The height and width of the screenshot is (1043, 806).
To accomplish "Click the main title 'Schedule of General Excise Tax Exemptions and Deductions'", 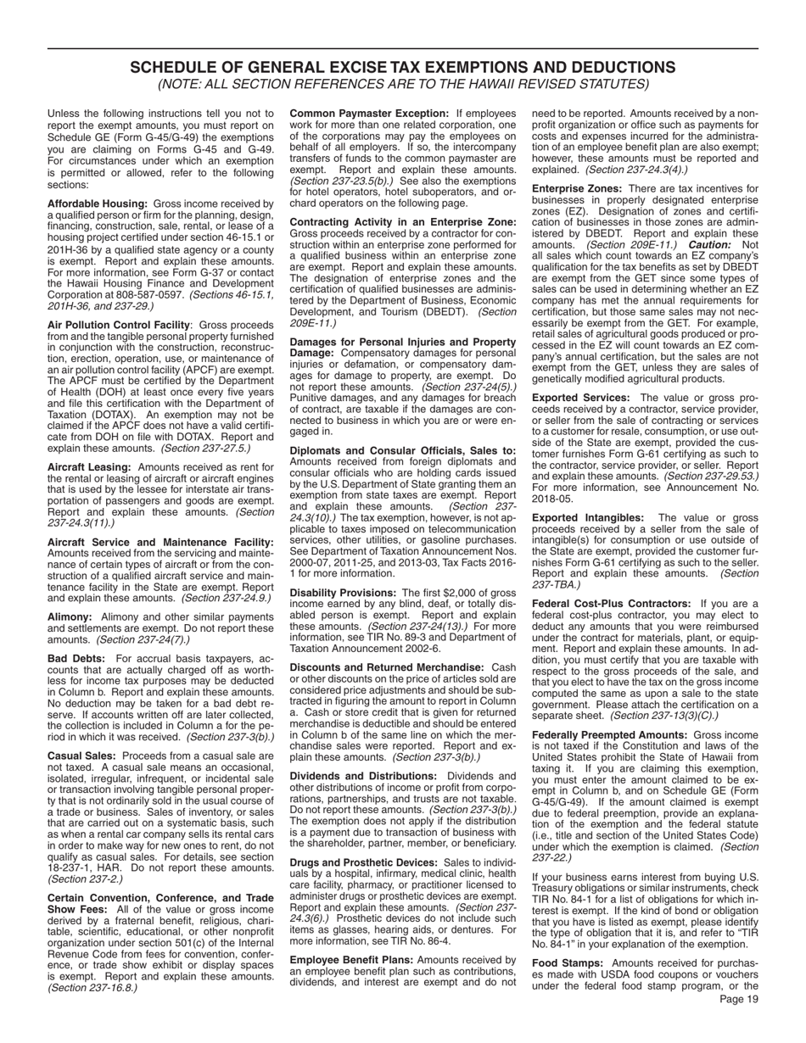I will pos(403,68).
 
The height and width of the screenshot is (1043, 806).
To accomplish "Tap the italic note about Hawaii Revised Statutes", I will pos(403,84).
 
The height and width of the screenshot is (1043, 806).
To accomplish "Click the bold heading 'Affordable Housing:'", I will pos(98,204).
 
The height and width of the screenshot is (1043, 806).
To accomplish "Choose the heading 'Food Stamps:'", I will pos(568,963).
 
